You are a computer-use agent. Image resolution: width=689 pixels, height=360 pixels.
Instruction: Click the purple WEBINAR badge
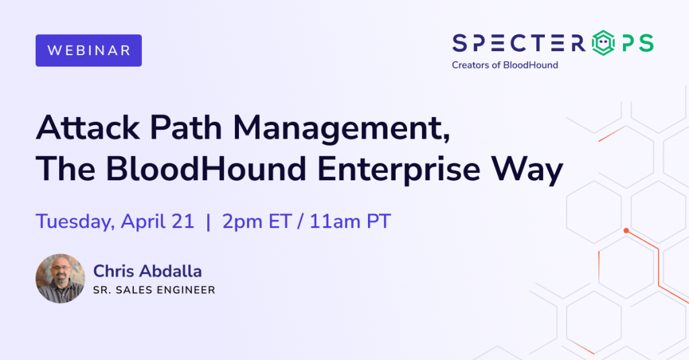click(89, 50)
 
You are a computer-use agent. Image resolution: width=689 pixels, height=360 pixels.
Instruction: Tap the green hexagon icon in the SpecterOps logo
click(603, 43)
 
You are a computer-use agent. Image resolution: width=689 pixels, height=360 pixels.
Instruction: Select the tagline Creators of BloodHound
click(505, 65)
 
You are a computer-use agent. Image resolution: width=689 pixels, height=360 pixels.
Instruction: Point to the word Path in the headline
click(186, 127)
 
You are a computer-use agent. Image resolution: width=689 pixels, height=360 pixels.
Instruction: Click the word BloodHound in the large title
click(206, 169)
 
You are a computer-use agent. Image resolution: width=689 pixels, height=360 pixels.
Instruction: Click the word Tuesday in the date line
click(75, 221)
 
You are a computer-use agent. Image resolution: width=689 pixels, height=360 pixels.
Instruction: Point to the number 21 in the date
click(183, 221)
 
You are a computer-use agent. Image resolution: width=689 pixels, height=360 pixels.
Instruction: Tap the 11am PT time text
click(350, 221)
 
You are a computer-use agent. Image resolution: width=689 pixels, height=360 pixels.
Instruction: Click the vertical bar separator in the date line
click(209, 221)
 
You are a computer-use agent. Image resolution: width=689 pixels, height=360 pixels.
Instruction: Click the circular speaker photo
click(60, 278)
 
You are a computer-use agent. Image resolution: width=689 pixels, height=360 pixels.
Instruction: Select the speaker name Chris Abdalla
click(147, 271)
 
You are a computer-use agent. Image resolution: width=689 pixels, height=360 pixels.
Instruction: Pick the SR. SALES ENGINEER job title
click(154, 290)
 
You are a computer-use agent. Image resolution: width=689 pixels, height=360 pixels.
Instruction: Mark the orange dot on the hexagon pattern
click(626, 231)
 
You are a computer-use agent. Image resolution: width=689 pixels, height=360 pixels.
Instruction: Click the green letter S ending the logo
click(647, 43)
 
